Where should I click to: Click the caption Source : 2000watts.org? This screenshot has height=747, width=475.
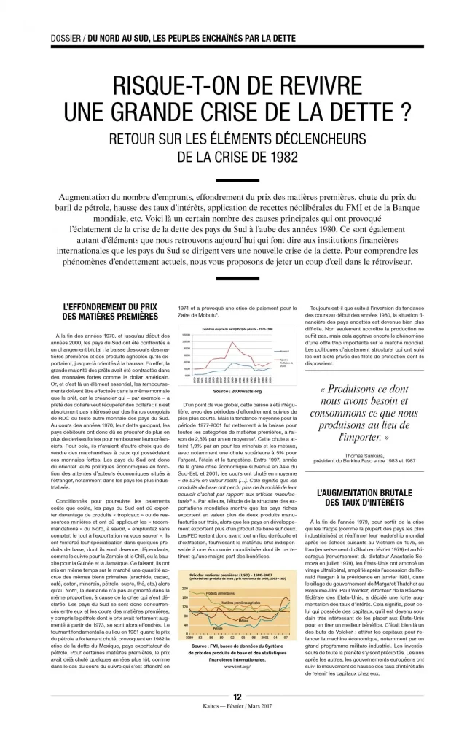237,391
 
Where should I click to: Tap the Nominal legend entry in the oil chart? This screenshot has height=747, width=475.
286,350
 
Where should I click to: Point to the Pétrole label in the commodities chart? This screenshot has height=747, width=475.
218,627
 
